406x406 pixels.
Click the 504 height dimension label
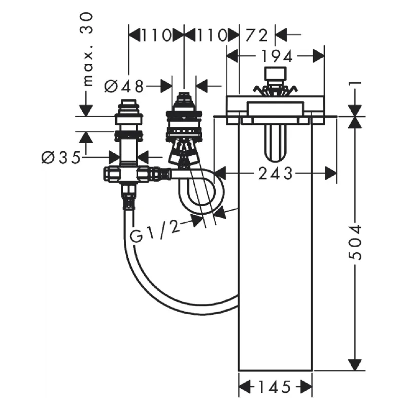tap(355, 243)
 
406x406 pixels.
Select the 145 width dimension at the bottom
tap(275, 387)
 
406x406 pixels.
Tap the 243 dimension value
tap(275, 173)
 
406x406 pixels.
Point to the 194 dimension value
tap(277, 56)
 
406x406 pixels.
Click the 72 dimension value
tap(257, 35)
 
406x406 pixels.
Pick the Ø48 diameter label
tap(124, 86)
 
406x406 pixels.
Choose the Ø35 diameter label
tap(61, 157)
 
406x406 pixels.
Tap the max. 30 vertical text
tap(86, 49)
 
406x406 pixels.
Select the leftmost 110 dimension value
tap(156, 35)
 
